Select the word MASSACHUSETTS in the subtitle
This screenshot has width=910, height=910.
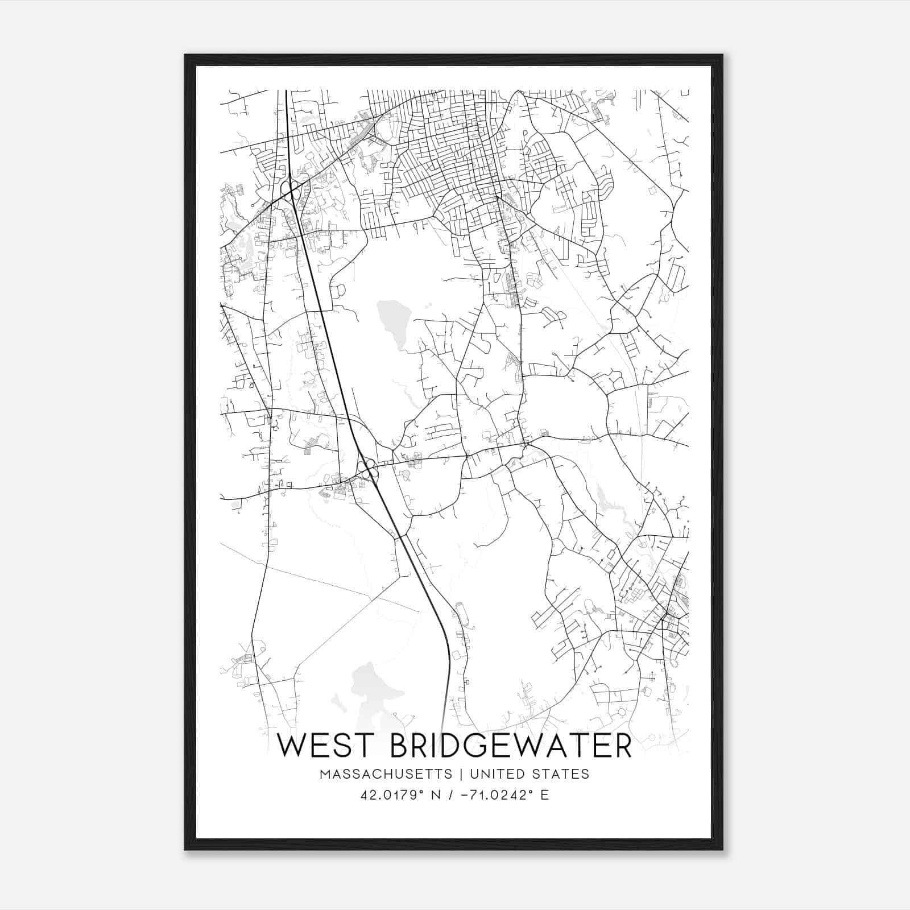click(x=386, y=774)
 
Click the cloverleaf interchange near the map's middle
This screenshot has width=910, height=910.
click(x=367, y=470)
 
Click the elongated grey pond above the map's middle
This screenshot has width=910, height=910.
click(x=392, y=324)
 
